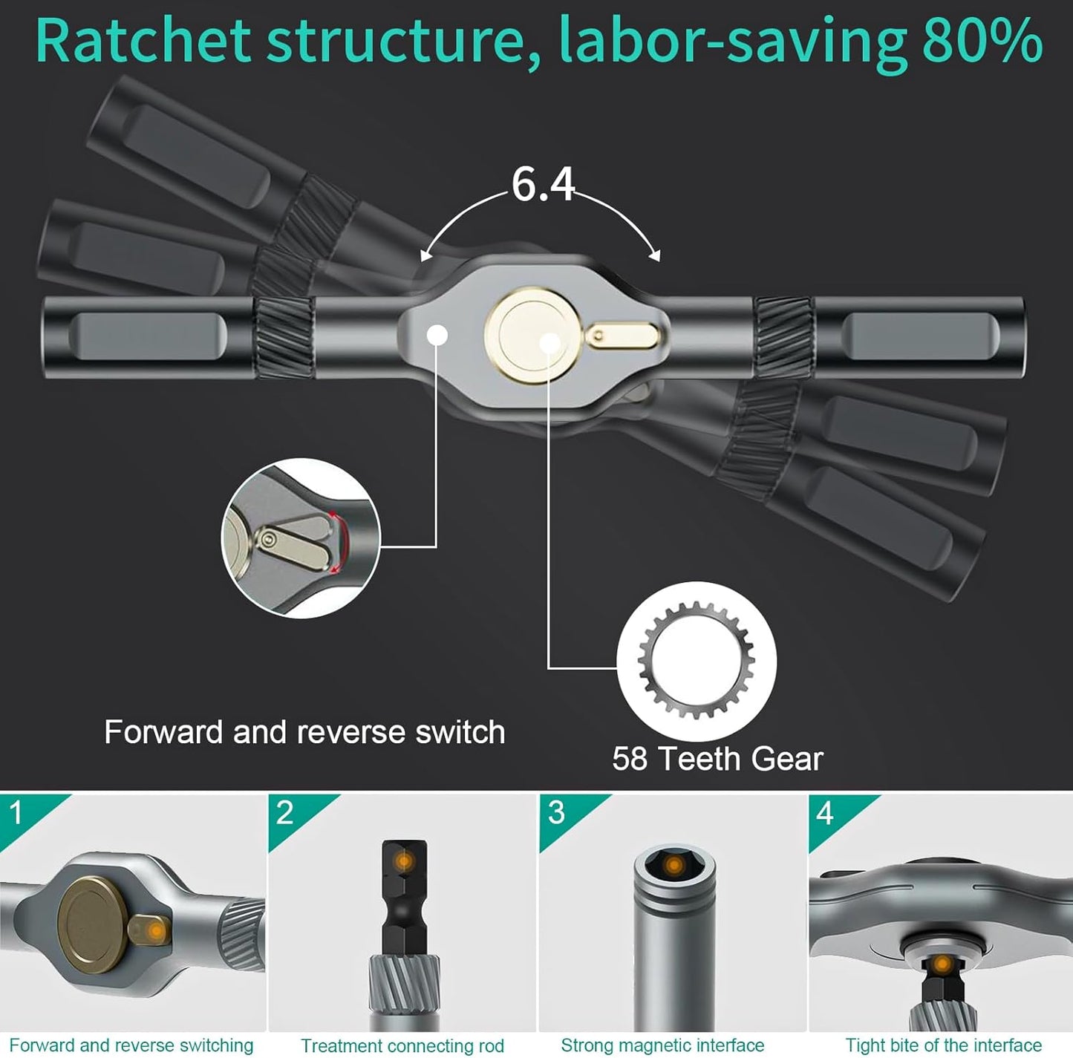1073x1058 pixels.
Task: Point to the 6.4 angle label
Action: [543, 185]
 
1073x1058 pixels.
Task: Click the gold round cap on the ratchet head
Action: [533, 336]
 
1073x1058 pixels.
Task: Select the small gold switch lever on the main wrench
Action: [622, 336]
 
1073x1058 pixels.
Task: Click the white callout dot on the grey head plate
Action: [437, 336]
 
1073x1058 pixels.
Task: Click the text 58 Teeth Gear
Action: [717, 759]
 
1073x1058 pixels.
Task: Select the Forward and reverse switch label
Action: [304, 732]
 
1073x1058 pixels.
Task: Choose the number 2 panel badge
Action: [284, 813]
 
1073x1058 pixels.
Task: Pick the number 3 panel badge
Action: [556, 813]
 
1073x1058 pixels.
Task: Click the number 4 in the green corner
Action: [825, 813]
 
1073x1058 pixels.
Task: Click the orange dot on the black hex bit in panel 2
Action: [404, 861]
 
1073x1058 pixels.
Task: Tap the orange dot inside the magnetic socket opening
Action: [674, 866]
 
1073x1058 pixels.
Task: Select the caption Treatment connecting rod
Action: [402, 1045]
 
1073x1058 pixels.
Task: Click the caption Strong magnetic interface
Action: [662, 1045]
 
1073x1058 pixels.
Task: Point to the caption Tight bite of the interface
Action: [943, 1045]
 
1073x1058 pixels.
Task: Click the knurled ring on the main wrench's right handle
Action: [783, 337]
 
